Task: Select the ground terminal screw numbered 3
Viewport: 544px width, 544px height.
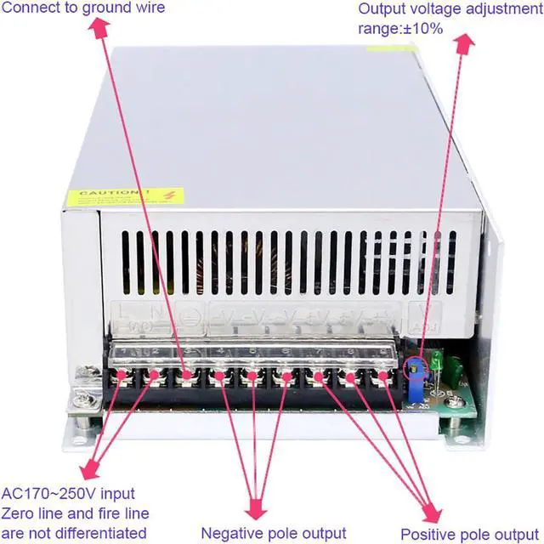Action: (187, 375)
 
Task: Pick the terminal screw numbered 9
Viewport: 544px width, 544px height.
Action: (382, 375)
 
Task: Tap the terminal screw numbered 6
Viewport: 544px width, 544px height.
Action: (283, 375)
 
